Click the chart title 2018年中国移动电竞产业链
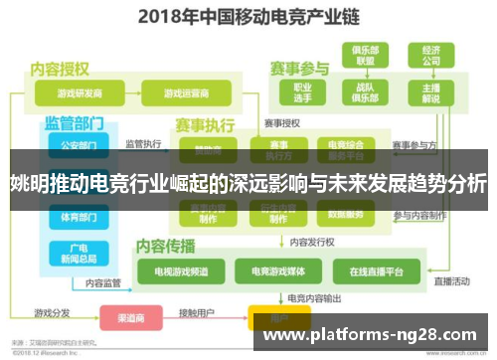click(x=248, y=16)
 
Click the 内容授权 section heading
click(x=61, y=69)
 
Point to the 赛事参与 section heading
click(x=299, y=69)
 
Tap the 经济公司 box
click(x=430, y=56)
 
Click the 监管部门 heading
click(x=74, y=123)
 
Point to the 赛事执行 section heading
click(x=205, y=126)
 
